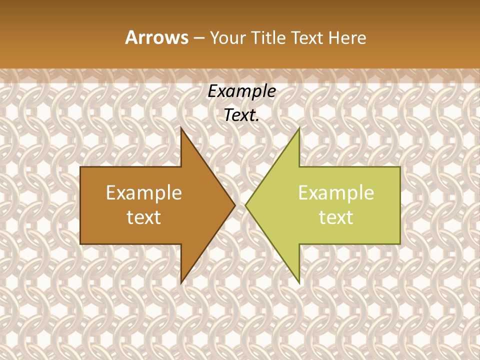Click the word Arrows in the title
(x=156, y=37)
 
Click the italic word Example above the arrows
(x=241, y=91)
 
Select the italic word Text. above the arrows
(x=241, y=115)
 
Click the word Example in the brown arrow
(x=144, y=193)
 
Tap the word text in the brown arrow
(x=144, y=217)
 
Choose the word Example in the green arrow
(x=336, y=193)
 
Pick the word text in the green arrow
(x=336, y=217)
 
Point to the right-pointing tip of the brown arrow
(x=235, y=205)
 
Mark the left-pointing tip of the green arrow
(x=245, y=205)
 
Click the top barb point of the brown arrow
(x=181, y=128)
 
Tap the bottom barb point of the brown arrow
(x=181, y=283)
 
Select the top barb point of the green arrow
(x=299, y=128)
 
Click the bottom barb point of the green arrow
(x=299, y=283)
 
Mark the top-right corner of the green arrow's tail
(x=400, y=167)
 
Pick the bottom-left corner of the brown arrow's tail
(x=80, y=244)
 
